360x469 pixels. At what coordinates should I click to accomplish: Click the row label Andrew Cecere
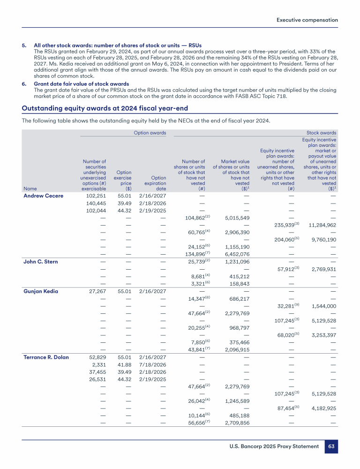click(43, 196)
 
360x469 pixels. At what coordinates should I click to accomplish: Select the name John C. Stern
click(41, 262)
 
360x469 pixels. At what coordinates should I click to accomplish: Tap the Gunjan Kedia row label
click(41, 291)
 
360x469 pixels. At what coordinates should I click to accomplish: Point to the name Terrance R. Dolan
click(46, 357)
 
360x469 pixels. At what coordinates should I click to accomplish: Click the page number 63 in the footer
click(331, 446)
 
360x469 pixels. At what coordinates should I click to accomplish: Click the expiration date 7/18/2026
click(153, 365)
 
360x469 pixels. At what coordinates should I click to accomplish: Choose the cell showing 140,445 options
click(96, 203)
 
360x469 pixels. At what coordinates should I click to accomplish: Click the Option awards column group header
click(150, 133)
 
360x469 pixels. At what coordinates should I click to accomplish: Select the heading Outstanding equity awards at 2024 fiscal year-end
click(105, 107)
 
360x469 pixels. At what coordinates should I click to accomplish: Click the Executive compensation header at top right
click(307, 20)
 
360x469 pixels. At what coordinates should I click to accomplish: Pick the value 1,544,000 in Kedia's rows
click(323, 306)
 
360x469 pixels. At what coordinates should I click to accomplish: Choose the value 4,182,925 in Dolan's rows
click(323, 409)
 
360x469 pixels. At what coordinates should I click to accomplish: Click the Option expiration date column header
click(153, 183)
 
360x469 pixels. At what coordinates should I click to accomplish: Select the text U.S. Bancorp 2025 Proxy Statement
click(274, 446)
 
